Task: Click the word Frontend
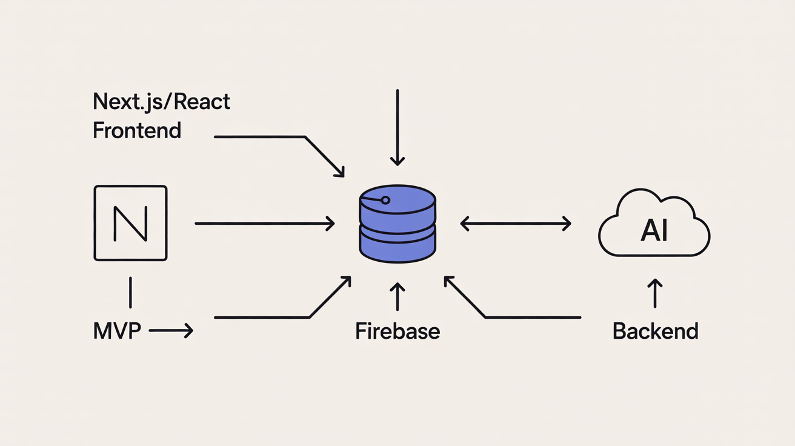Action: tap(137, 130)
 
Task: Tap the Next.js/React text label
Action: tap(161, 101)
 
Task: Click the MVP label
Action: tap(117, 331)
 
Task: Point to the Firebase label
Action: tap(397, 331)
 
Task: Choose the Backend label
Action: tap(655, 331)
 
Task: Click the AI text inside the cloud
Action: tap(654, 232)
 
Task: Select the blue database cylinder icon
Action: tap(397, 224)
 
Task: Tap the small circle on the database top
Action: tap(384, 200)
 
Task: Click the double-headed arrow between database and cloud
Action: tap(516, 224)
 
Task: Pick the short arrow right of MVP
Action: tap(171, 331)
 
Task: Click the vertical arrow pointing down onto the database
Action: tap(397, 127)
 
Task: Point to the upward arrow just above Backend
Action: tap(655, 294)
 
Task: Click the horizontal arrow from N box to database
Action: tap(265, 224)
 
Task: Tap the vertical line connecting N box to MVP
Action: tap(130, 293)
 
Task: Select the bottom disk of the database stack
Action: tap(397, 245)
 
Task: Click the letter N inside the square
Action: tap(130, 224)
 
